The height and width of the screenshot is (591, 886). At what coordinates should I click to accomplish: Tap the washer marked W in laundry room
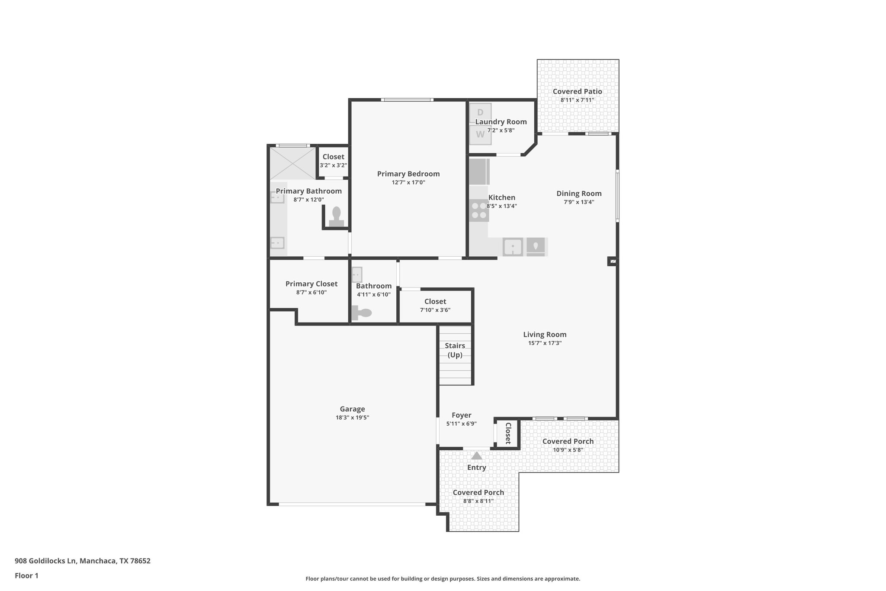click(x=480, y=135)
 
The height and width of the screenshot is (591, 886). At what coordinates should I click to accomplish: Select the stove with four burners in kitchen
click(x=479, y=210)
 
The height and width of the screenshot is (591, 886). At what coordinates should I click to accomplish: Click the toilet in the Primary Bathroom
click(x=336, y=216)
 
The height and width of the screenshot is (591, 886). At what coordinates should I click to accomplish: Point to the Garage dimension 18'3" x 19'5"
click(x=352, y=418)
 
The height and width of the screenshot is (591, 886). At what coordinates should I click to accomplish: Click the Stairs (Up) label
click(x=455, y=350)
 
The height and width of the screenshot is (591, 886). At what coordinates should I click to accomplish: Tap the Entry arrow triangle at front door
click(x=476, y=456)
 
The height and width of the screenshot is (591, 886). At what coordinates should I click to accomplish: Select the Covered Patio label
click(x=577, y=91)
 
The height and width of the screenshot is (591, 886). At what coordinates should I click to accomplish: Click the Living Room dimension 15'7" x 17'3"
click(x=545, y=343)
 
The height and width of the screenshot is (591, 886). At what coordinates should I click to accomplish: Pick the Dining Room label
click(x=579, y=194)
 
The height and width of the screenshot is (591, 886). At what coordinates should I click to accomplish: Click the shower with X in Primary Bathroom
click(x=292, y=163)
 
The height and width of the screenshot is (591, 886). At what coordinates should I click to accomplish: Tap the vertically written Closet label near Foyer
click(x=508, y=433)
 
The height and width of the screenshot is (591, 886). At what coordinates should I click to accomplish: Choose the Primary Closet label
click(x=311, y=284)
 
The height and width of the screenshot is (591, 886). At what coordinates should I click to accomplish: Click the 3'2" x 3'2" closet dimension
click(x=333, y=165)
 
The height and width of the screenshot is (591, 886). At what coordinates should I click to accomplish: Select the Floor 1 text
click(x=26, y=576)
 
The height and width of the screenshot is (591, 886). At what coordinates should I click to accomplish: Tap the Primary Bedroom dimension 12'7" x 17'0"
click(x=408, y=183)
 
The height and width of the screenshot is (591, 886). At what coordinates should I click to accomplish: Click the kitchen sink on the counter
click(x=513, y=247)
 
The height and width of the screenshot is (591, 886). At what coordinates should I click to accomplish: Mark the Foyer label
click(x=461, y=415)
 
